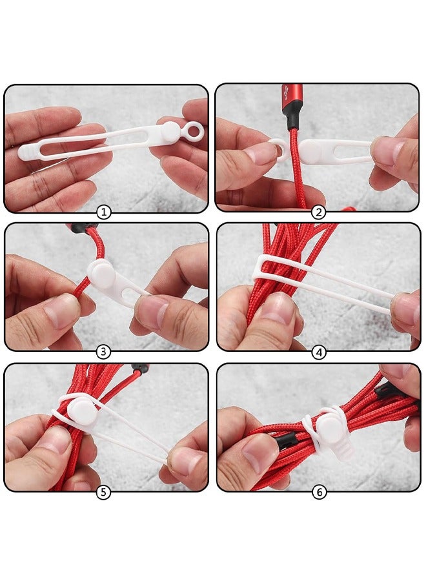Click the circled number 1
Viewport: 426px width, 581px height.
pyautogui.click(x=105, y=212)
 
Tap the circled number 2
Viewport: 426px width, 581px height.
pyautogui.click(x=317, y=212)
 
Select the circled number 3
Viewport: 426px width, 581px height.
pyautogui.click(x=105, y=352)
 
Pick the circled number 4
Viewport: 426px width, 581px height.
pyautogui.click(x=318, y=352)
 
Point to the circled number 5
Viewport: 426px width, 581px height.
pyautogui.click(x=104, y=493)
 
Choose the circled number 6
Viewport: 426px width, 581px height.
pyautogui.click(x=318, y=493)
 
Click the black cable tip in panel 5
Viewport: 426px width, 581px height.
pyautogui.click(x=137, y=369)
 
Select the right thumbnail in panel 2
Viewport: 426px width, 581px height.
pyautogui.click(x=386, y=150)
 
